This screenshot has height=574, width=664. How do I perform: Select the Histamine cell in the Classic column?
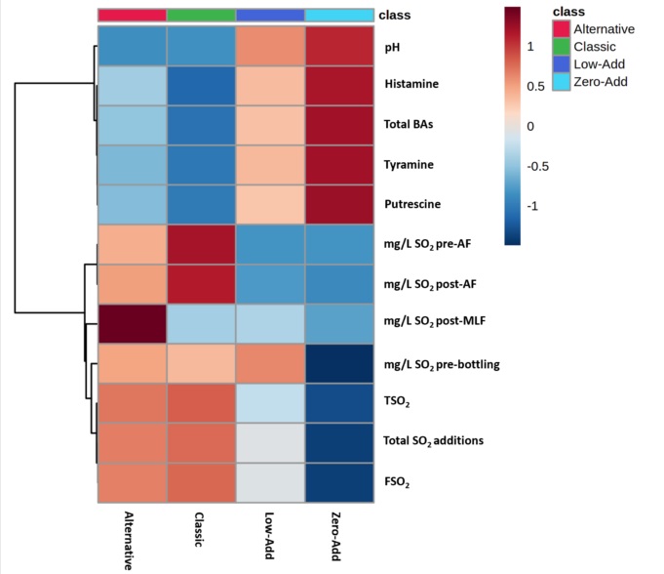[x=201, y=84]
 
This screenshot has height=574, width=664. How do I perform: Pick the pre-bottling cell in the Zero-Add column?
[x=339, y=363]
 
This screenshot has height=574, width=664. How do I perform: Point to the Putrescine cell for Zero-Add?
[x=339, y=204]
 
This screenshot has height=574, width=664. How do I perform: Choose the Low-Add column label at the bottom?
[x=270, y=534]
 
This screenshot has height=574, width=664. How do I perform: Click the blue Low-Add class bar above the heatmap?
[x=270, y=15]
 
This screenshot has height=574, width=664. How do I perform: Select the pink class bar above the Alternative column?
[x=132, y=15]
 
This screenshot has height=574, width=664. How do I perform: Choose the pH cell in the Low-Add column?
[x=270, y=47]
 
